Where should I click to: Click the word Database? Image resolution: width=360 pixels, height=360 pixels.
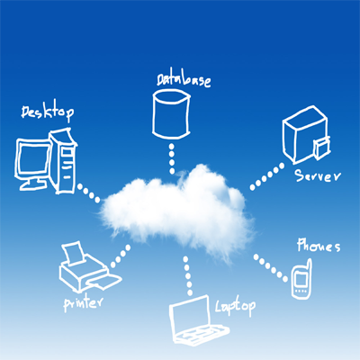pos(184,79)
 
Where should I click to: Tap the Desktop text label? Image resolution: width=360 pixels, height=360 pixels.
pos(48,113)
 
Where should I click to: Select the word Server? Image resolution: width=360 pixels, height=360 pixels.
pos(318,175)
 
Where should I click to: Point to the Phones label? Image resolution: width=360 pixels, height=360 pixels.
pos(319,246)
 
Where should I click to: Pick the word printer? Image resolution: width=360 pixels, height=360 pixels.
pos(83,303)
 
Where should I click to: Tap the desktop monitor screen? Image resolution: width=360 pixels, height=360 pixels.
pos(33,159)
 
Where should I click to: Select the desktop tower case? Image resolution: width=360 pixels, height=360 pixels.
pos(63,161)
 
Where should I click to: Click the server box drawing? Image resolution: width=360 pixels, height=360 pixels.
pos(306,134)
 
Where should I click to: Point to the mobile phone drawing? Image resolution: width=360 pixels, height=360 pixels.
pos(301,280)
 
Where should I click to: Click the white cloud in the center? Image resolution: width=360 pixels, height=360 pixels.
pos(177,211)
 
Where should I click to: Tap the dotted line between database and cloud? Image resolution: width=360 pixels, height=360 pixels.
pos(172,158)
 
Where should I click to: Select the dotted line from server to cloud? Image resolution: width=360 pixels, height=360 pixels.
pos(267,177)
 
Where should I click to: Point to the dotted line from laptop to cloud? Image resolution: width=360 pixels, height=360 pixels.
pos(188,276)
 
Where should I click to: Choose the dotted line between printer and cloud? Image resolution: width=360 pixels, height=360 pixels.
pos(121,256)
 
